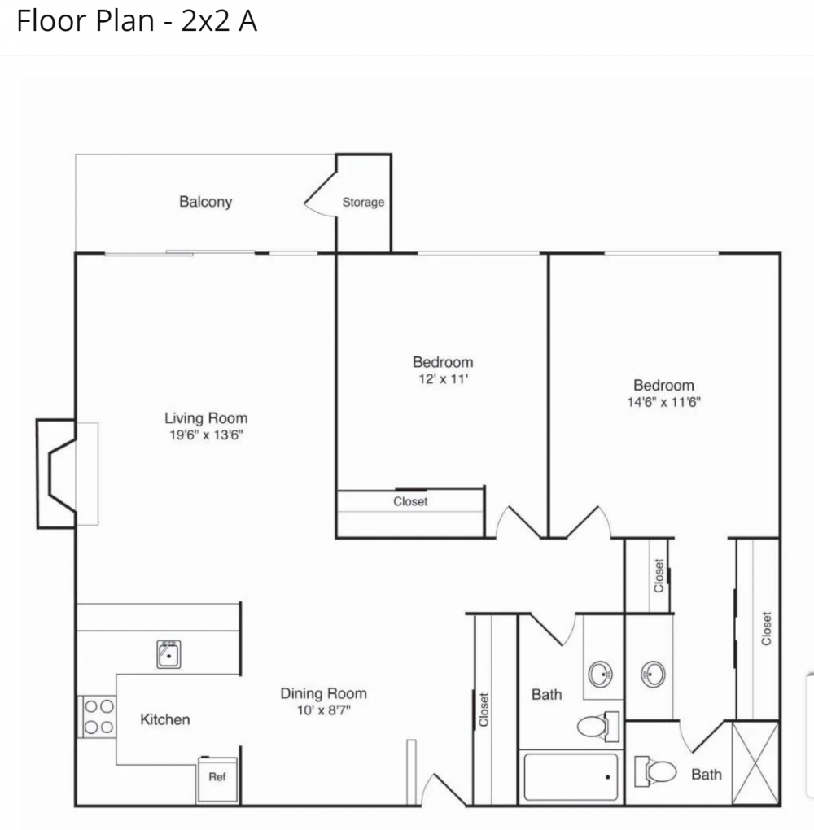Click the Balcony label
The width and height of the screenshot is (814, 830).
[x=205, y=202]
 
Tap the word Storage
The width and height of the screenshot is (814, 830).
[x=363, y=202]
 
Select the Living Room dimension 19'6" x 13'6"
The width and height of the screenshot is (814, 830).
[x=206, y=435]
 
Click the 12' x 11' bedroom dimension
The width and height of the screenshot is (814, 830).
[x=444, y=379]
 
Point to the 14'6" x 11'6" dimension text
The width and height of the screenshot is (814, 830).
[x=663, y=402]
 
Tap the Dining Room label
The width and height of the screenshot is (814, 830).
[x=324, y=693]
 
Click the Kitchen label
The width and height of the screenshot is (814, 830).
[x=164, y=719]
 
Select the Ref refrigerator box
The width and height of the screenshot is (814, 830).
[x=217, y=780]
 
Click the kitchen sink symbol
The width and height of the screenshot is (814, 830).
[x=168, y=654]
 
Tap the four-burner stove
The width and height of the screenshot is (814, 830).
[x=98, y=717]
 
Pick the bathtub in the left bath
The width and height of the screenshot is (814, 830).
[x=571, y=777]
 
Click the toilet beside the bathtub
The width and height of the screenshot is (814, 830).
[x=598, y=726]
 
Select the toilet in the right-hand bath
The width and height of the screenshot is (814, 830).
[x=655, y=771]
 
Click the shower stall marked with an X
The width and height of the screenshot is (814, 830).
[x=755, y=763]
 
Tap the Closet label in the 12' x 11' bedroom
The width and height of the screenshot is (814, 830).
[x=410, y=501]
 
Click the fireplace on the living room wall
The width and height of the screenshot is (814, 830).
[x=56, y=474]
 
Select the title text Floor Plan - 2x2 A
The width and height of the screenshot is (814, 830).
[x=137, y=21]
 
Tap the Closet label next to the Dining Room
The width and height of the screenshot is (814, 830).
[x=484, y=710]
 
